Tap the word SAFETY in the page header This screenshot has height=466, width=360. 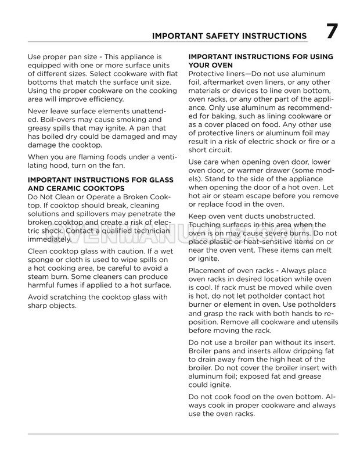coord(217,36)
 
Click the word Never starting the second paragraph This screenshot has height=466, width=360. coord(41,111)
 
